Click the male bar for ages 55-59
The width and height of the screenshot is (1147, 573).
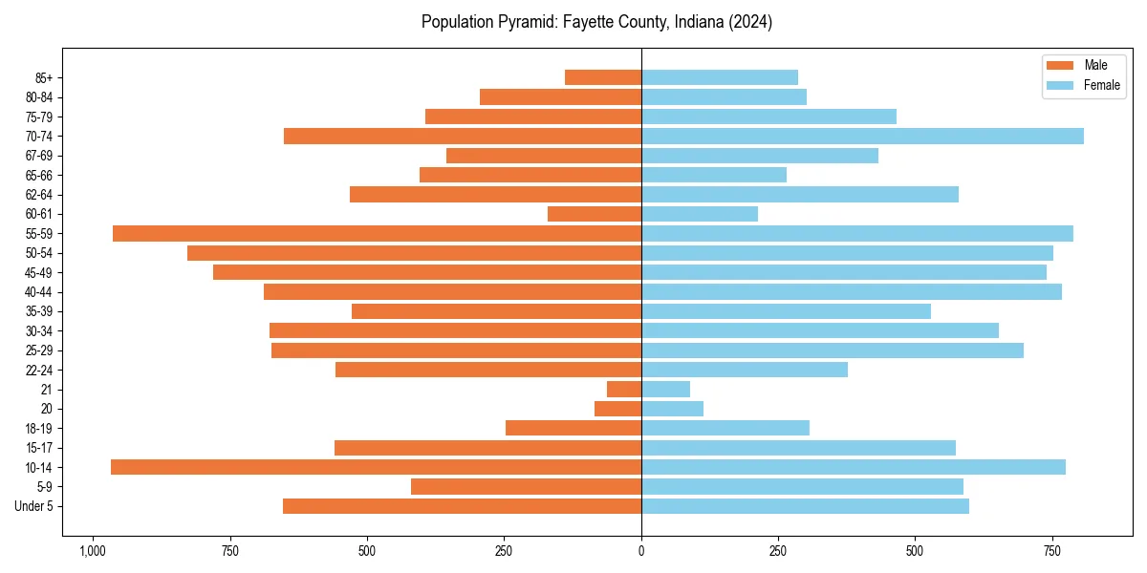(x=377, y=233)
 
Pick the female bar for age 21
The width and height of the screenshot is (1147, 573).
(x=665, y=389)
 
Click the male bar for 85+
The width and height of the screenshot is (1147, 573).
(x=603, y=77)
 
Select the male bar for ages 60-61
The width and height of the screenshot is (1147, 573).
(x=595, y=214)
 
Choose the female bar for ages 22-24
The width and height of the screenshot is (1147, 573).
(x=745, y=370)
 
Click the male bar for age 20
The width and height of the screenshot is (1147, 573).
(x=617, y=409)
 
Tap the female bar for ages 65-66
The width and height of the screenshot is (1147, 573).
(x=714, y=175)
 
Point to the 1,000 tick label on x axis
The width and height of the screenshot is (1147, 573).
(x=93, y=551)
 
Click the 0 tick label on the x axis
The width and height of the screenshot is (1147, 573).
(x=641, y=551)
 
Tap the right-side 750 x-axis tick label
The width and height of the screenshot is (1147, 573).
(x=1052, y=551)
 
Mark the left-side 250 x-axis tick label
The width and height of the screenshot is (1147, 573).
(x=504, y=551)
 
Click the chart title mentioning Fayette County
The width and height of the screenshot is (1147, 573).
(x=596, y=22)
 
